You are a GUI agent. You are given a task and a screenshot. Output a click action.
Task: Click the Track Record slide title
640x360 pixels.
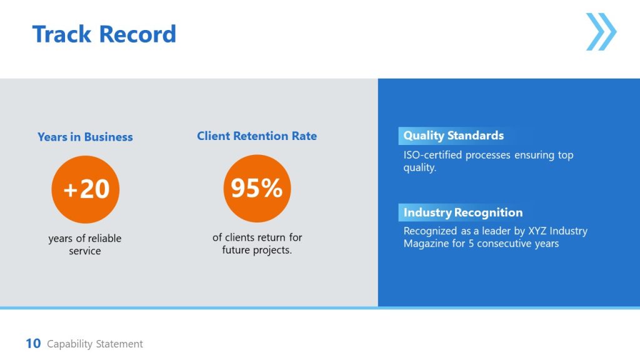(x=104, y=34)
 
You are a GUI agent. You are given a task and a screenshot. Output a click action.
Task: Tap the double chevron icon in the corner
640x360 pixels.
(x=601, y=32)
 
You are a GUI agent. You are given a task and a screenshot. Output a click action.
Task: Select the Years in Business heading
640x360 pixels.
(x=85, y=137)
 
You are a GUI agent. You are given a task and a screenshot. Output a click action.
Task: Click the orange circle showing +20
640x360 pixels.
(x=85, y=189)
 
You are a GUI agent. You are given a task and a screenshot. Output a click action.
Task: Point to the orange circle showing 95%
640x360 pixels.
(x=257, y=188)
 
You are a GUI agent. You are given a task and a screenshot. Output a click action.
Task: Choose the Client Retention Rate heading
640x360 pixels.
(x=257, y=136)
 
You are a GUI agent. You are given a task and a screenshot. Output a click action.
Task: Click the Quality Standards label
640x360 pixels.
(x=453, y=136)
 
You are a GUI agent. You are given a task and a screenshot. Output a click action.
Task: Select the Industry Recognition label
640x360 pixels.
(x=462, y=212)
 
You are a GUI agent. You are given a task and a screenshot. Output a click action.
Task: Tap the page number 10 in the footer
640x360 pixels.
(x=33, y=343)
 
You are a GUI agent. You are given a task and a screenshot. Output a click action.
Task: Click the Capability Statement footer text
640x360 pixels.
(x=95, y=344)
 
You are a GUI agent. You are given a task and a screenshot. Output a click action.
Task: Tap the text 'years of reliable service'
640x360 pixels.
(x=85, y=244)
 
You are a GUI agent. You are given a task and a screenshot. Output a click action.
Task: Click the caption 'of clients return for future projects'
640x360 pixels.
(x=257, y=244)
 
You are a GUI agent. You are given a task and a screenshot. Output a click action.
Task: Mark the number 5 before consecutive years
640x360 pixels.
(x=471, y=243)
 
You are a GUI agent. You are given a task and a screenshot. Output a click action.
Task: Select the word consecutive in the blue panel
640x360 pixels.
(x=504, y=243)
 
